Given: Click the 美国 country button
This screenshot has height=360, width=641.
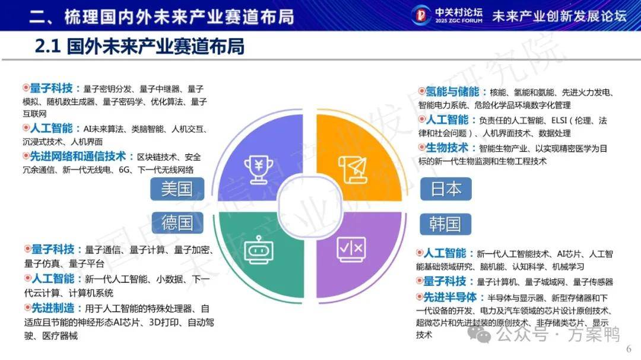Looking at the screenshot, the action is tap(177, 189).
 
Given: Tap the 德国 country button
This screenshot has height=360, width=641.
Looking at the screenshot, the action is tap(177, 222).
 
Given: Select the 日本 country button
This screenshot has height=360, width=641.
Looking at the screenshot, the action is tap(446, 189).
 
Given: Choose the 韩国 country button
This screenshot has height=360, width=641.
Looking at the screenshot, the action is tap(445, 224).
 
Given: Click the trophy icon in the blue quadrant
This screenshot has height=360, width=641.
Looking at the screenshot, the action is tap(259, 169).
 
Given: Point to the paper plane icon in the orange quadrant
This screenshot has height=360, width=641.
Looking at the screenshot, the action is tap(353, 170).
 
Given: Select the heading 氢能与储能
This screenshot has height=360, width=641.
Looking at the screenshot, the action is tap(452, 91).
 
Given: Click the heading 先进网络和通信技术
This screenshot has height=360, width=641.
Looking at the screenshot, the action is tap(78, 156).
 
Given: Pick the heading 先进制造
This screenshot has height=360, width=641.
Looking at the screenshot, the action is tap(53, 308).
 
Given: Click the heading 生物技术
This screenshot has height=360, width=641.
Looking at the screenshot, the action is tap(447, 148).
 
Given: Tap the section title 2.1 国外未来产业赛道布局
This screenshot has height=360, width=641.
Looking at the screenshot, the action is tap(139, 46).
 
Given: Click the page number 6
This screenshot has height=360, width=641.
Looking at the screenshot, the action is tap(629, 349).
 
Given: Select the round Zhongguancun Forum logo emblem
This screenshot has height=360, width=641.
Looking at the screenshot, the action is tap(421, 15).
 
